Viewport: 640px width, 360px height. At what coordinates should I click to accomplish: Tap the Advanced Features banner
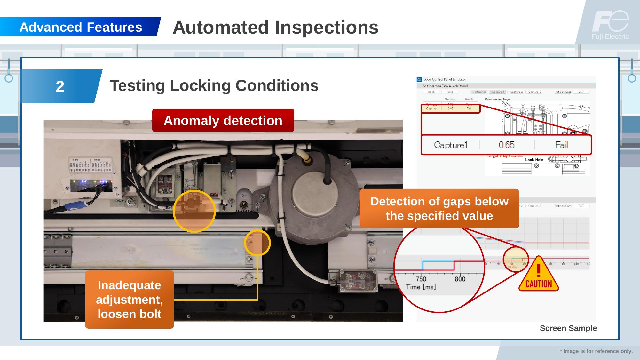point(81,27)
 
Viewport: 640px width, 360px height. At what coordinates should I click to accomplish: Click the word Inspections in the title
point(327,27)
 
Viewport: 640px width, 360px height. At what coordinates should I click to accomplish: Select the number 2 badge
point(60,86)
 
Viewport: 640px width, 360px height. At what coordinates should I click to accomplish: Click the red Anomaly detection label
point(223,121)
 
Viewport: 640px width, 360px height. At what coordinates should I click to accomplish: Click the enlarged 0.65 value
point(506,145)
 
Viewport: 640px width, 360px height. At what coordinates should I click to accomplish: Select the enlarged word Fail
point(561,145)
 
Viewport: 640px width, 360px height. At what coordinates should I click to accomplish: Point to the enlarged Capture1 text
point(450,145)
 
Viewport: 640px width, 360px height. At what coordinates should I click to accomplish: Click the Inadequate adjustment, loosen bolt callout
point(130,300)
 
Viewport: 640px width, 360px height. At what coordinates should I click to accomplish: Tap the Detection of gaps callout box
point(439,209)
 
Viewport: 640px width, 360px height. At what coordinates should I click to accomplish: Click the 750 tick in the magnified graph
point(421,279)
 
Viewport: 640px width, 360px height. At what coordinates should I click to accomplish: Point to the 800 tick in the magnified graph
point(460,279)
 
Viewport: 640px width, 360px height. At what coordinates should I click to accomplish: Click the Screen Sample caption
point(568,328)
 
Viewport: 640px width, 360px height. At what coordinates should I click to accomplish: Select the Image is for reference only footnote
point(596,351)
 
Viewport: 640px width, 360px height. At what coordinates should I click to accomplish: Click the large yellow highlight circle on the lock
point(194,211)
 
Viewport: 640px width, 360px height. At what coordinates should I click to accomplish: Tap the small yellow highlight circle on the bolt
point(257,243)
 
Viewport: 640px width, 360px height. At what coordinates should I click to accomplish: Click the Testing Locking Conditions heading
point(214,86)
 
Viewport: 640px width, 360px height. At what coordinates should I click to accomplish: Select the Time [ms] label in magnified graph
point(421,287)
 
